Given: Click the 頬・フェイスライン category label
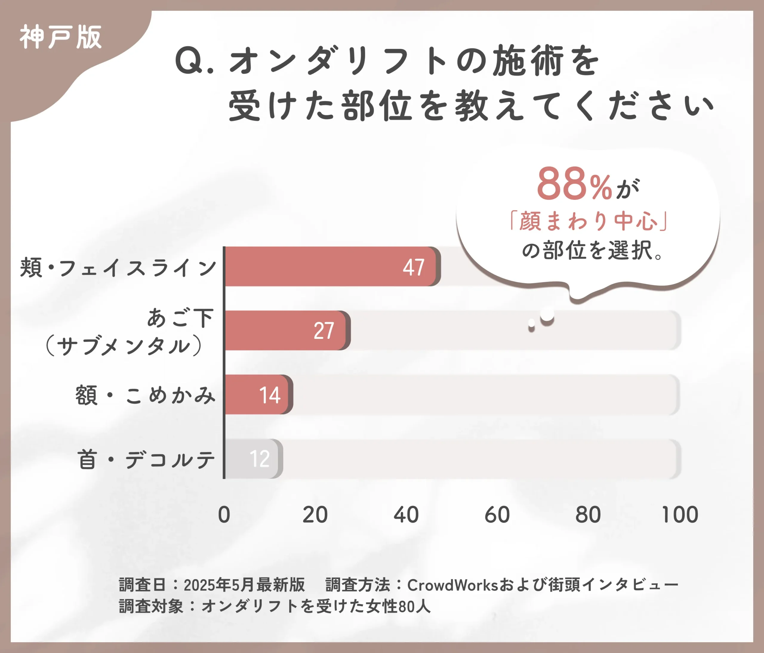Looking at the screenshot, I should [x=118, y=268].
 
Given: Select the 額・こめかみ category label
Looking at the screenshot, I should [x=145, y=395].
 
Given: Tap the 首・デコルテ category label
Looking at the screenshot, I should [x=146, y=459].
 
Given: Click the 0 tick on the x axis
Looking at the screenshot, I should [x=224, y=515].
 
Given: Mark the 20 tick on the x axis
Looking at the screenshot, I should [x=315, y=515].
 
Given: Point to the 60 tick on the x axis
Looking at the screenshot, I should [x=497, y=515].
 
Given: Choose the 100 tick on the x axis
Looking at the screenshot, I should [x=680, y=515].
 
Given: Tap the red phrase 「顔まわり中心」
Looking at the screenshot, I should [x=588, y=221].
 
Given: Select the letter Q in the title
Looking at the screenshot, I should [x=189, y=61].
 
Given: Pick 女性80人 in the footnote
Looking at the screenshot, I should [x=398, y=606].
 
